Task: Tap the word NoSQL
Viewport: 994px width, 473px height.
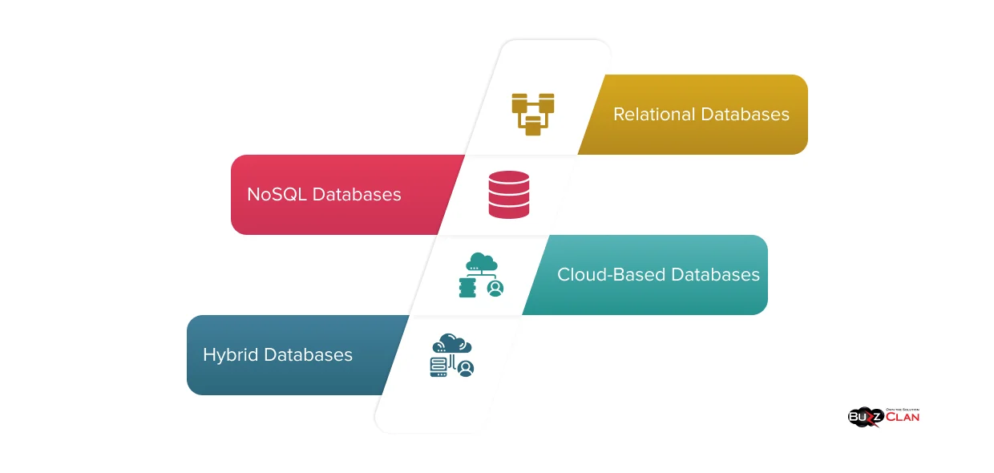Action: [x=277, y=195]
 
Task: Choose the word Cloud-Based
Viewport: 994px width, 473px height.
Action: [x=611, y=275]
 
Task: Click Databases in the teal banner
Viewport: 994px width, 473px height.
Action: [x=715, y=275]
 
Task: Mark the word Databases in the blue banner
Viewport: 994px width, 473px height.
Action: [x=309, y=355]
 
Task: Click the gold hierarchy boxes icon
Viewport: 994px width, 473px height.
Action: [x=533, y=114]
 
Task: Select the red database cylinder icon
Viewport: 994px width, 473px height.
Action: [x=509, y=195]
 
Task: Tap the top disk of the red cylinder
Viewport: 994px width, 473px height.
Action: [x=509, y=178]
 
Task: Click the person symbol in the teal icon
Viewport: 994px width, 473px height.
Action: [x=495, y=288]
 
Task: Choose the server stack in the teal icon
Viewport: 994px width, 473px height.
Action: [x=467, y=288]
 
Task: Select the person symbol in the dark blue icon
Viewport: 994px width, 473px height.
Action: [x=465, y=368]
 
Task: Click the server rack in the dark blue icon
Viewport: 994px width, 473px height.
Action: [x=438, y=367]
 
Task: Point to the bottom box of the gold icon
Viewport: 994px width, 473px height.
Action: [x=533, y=127]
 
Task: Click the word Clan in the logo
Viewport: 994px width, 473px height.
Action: [x=903, y=417]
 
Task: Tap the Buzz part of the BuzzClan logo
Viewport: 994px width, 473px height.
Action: [x=864, y=418]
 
